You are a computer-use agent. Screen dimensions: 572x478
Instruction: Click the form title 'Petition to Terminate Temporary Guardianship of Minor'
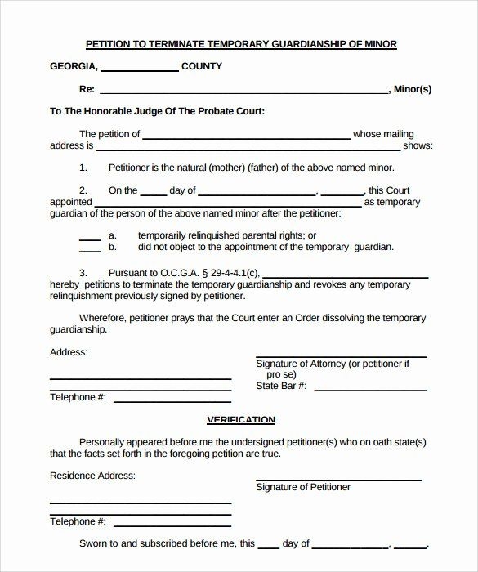click(241, 44)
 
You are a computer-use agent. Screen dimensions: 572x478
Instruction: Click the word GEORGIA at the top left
click(74, 66)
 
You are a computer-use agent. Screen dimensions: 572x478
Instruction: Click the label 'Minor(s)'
click(412, 88)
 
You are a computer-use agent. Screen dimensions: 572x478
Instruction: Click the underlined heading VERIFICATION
click(240, 419)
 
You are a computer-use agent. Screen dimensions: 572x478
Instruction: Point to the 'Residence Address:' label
click(92, 475)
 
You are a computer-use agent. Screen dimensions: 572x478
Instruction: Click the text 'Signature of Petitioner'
click(303, 487)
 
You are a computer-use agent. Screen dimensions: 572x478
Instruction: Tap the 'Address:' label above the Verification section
click(69, 352)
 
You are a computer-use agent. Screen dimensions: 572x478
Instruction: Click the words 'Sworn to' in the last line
click(101, 543)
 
